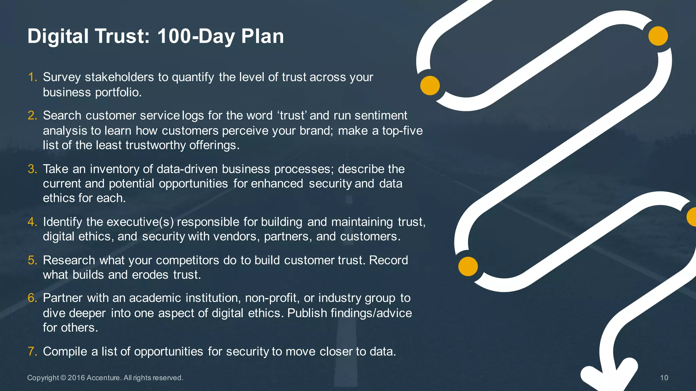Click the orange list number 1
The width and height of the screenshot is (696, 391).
click(x=32, y=77)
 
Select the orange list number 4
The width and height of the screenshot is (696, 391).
click(x=32, y=222)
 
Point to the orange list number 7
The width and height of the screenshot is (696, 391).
click(x=32, y=351)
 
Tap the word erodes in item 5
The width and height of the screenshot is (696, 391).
click(x=150, y=275)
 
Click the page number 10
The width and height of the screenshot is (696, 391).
click(x=664, y=378)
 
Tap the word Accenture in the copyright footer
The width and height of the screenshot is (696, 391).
click(x=103, y=378)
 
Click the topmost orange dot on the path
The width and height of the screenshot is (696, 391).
click(x=658, y=36)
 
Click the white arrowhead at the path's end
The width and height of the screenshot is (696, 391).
click(x=608, y=377)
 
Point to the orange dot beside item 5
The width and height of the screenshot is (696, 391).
click(x=468, y=266)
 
